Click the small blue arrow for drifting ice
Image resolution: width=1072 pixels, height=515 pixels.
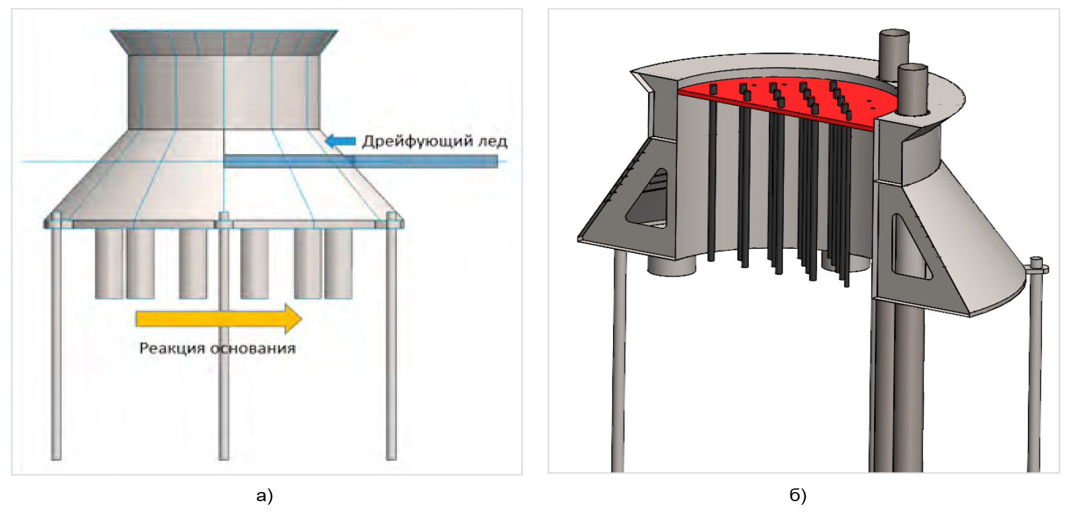[x=341, y=141]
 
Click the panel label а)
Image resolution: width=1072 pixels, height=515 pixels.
[x=265, y=496]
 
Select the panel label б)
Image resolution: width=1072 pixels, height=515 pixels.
[x=798, y=496]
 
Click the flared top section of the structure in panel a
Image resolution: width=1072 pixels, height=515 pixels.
[x=223, y=42]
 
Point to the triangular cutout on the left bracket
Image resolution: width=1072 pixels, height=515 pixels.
[x=649, y=199]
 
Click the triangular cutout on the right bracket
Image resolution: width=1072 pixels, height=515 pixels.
[x=906, y=248]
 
